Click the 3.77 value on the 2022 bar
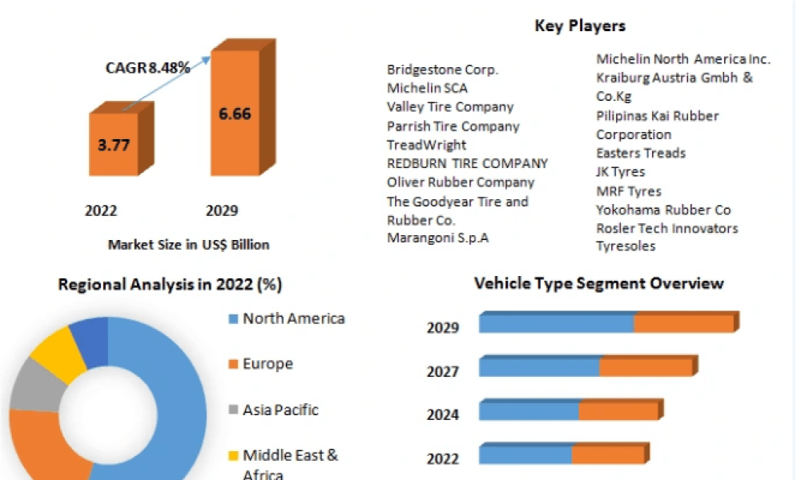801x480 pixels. pyautogui.click(x=114, y=146)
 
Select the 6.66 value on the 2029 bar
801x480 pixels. pyautogui.click(x=235, y=114)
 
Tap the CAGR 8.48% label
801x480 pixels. pyautogui.click(x=147, y=67)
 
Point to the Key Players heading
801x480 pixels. pyautogui.click(x=580, y=26)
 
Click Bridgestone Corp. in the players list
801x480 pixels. pyautogui.click(x=442, y=70)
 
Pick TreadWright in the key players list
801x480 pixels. pyautogui.click(x=427, y=145)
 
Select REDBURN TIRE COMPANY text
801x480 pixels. pyautogui.click(x=468, y=163)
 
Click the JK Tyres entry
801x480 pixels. pyautogui.click(x=621, y=172)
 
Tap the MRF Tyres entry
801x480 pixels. pyautogui.click(x=629, y=191)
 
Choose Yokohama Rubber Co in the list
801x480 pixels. pyautogui.click(x=663, y=210)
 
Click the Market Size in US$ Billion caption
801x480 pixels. pyautogui.click(x=188, y=245)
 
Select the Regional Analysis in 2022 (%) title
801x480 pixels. pyautogui.click(x=170, y=284)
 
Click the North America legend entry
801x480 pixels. pyautogui.click(x=287, y=319)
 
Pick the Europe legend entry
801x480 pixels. pyautogui.click(x=261, y=364)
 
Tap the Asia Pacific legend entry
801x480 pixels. pyautogui.click(x=274, y=410)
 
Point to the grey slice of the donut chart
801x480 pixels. pyautogui.click(x=36, y=385)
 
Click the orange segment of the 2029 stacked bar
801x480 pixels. pyautogui.click(x=685, y=323)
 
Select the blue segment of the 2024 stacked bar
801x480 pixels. pyautogui.click(x=529, y=410)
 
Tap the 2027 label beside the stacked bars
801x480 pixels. pyautogui.click(x=443, y=371)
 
